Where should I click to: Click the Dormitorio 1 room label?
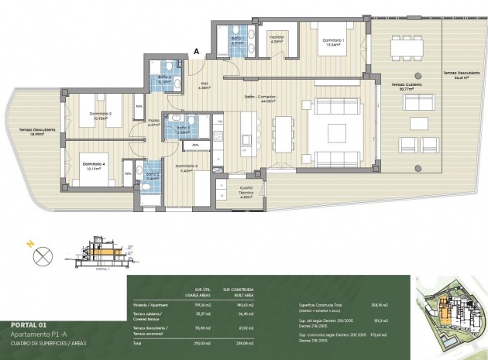click(333, 42)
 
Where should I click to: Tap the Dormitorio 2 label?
click(101, 116)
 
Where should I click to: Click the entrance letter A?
click(197, 51)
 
